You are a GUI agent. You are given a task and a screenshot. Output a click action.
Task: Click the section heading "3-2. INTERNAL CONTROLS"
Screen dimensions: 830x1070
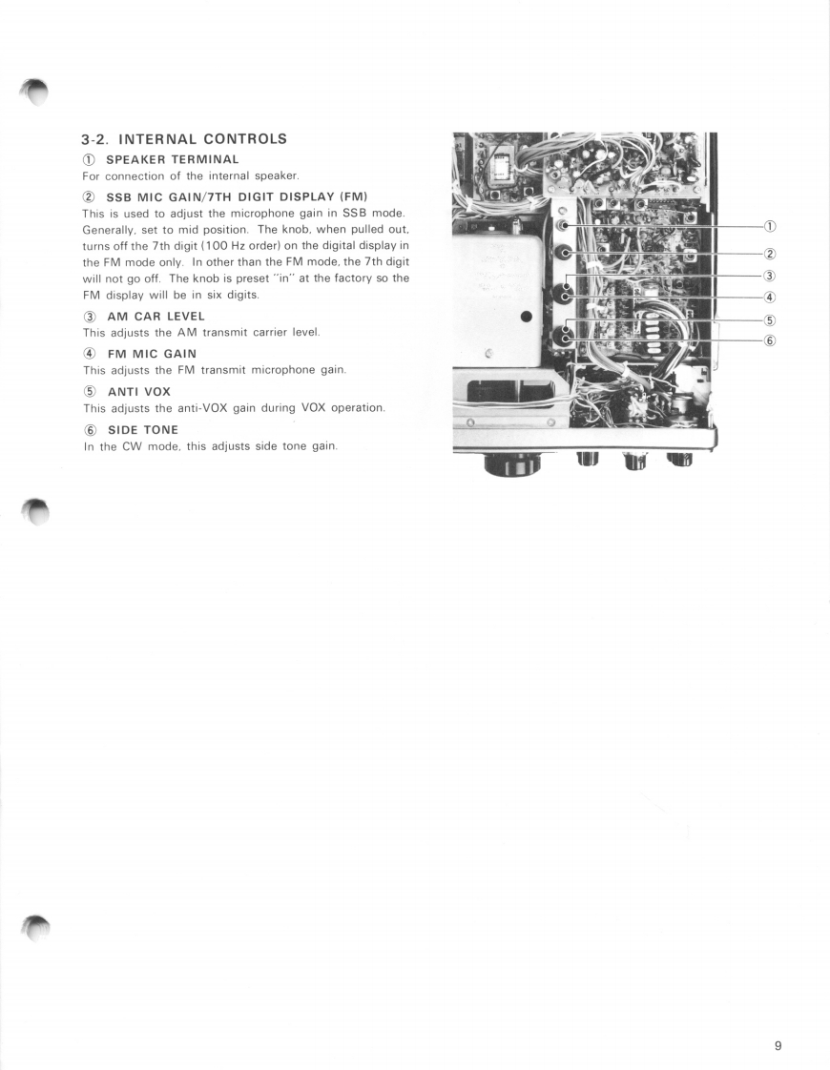pyautogui.click(x=184, y=138)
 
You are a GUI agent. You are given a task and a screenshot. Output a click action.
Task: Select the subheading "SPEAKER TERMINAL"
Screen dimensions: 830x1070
pyautogui.click(x=172, y=158)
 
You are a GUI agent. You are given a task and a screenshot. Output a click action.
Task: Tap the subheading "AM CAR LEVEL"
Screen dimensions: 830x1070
pyautogui.click(x=156, y=316)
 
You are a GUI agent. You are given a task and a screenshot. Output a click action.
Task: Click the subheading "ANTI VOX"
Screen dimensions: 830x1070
pyautogui.click(x=138, y=391)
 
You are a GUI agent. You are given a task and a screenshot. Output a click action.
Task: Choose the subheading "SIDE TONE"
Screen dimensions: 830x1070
pyautogui.click(x=142, y=429)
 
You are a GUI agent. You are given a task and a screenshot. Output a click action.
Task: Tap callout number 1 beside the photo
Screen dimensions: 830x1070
pyautogui.click(x=769, y=226)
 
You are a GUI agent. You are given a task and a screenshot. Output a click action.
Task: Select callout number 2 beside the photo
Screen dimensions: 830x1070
pyautogui.click(x=769, y=253)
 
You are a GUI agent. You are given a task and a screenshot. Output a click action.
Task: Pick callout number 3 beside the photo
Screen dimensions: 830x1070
pyautogui.click(x=769, y=276)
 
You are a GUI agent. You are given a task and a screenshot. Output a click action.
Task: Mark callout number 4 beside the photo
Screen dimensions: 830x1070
pyautogui.click(x=769, y=297)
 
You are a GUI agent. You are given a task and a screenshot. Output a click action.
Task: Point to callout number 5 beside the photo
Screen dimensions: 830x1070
pyautogui.click(x=769, y=320)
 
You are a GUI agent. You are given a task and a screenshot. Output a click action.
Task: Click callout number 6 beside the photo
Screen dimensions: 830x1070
pyautogui.click(x=769, y=340)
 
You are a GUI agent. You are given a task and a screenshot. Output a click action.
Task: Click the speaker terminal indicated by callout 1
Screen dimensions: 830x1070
pyautogui.click(x=564, y=226)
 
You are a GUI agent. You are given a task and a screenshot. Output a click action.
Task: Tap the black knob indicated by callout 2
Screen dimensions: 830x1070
pyautogui.click(x=565, y=253)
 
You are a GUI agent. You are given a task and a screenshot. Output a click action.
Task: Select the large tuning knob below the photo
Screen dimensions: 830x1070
pyautogui.click(x=512, y=463)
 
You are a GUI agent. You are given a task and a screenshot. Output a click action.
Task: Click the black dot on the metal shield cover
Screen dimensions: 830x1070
pyautogui.click(x=525, y=317)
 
